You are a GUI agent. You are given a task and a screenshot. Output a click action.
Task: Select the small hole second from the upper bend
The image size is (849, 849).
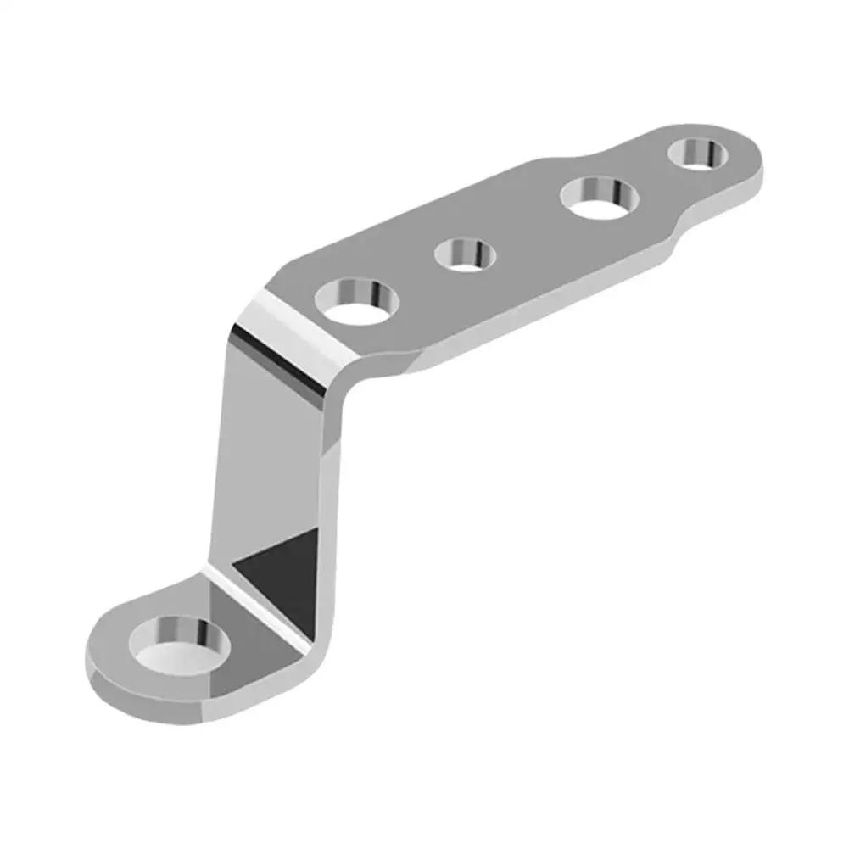tap(464, 254)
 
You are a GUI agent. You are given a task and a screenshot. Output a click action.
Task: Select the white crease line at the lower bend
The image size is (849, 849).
tap(254, 606)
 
